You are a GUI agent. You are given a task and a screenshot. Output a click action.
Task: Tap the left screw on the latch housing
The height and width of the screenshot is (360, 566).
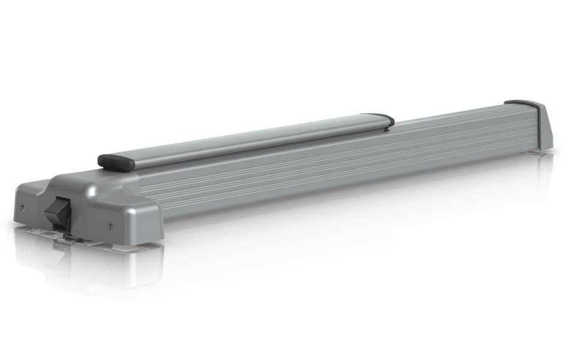click(x=22, y=206)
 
